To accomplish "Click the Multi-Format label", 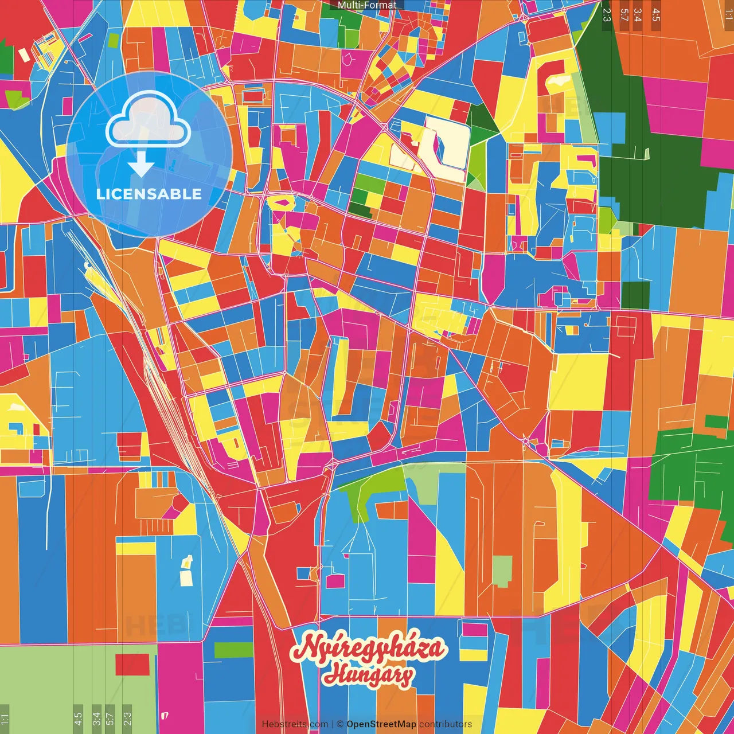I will click(x=367, y=5).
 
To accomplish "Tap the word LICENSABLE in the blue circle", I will click(x=149, y=194).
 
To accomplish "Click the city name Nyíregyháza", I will click(x=368, y=649).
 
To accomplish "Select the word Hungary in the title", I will click(x=368, y=675).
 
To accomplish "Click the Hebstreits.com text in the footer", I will click(x=295, y=724).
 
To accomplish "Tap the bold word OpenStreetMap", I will click(x=381, y=724).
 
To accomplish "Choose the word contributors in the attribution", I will click(x=446, y=724).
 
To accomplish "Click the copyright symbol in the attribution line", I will click(x=340, y=724).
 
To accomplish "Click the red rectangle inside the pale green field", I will click(x=132, y=665).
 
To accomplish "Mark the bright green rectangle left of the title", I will click(x=233, y=650).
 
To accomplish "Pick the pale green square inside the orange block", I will click(x=502, y=571).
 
